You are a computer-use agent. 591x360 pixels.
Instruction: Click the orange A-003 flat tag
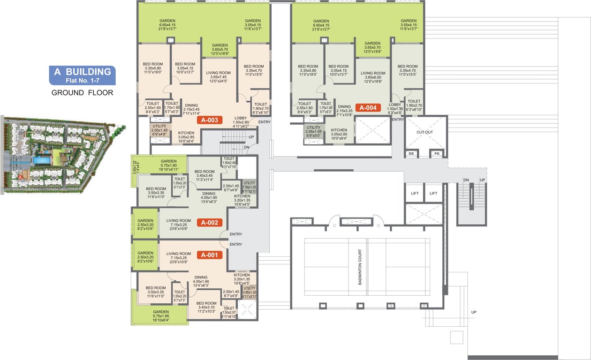pyautogui.click(x=210, y=120)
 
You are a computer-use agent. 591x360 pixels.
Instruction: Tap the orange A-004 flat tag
pyautogui.click(x=368, y=107)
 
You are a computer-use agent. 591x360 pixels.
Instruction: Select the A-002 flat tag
pyautogui.click(x=210, y=223)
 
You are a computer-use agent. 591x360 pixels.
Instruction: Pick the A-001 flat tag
pyautogui.click(x=209, y=255)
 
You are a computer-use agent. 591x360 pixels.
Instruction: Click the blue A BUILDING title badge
pyautogui.click(x=83, y=75)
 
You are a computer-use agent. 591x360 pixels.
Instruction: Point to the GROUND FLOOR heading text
pyautogui.click(x=82, y=93)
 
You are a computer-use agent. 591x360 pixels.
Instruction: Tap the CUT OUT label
pyautogui.click(x=424, y=132)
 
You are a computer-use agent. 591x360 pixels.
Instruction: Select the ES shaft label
pyautogui.click(x=411, y=153)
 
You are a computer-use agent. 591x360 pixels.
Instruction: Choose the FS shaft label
pyautogui.click(x=437, y=153)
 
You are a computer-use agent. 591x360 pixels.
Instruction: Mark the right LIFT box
pyautogui.click(x=433, y=193)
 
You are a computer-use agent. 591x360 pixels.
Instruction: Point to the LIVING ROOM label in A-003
pyautogui.click(x=216, y=73)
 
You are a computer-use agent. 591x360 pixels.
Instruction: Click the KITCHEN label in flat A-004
pyautogui.click(x=339, y=130)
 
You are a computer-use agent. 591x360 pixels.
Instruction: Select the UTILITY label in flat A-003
pyautogui.click(x=159, y=127)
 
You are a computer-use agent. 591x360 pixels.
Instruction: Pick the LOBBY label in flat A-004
pyautogui.click(x=394, y=105)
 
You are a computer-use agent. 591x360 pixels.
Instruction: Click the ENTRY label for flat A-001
pyautogui.click(x=236, y=244)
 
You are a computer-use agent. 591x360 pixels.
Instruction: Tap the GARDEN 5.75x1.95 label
pyautogui.click(x=161, y=312)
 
